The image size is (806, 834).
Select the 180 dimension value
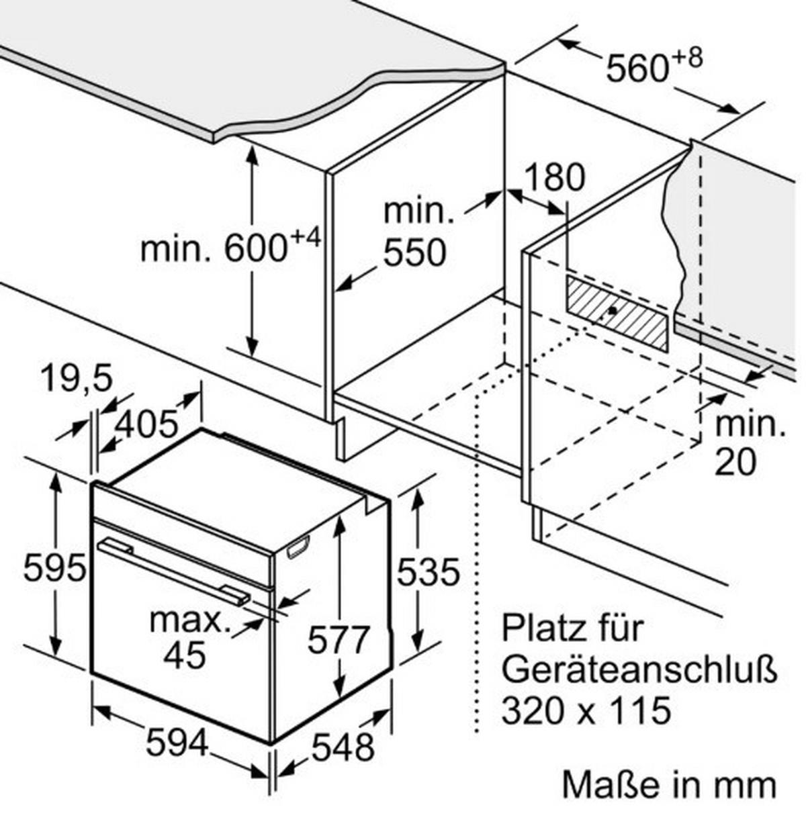pyautogui.click(x=554, y=177)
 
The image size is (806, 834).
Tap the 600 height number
pyautogui.click(x=255, y=248)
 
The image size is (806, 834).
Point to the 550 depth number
pyautogui.click(x=414, y=252)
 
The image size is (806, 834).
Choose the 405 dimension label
pyautogui.click(x=146, y=424)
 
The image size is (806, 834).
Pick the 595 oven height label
pyautogui.click(x=54, y=568)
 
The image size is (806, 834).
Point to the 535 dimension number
pyautogui.click(x=428, y=572)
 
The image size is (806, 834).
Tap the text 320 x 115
pyautogui.click(x=586, y=710)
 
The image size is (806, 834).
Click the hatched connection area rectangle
pyautogui.click(x=617, y=314)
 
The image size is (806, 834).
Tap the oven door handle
pyautogui.click(x=174, y=573)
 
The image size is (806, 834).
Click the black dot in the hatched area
pyautogui.click(x=612, y=310)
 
